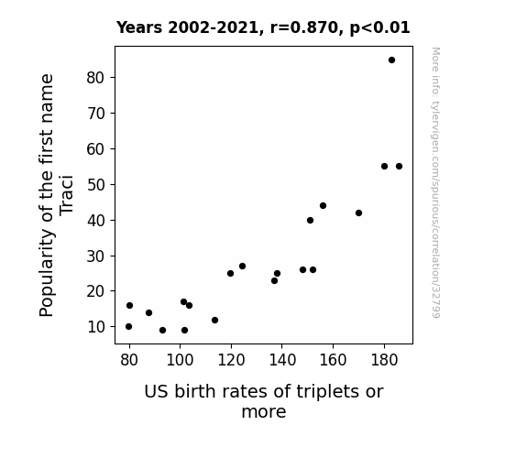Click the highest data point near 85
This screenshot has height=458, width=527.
[x=391, y=60]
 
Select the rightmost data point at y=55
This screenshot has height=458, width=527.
[x=399, y=167]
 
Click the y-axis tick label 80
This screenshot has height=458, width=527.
[x=95, y=78]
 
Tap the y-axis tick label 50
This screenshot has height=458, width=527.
[x=95, y=184]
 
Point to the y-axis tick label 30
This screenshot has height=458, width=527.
[x=95, y=256]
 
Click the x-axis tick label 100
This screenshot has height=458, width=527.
[x=180, y=360]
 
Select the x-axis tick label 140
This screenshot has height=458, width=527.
[x=282, y=360]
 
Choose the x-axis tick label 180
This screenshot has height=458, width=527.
[x=384, y=360]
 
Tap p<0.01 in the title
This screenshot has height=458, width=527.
[x=379, y=28]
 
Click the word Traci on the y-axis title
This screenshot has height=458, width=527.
[x=67, y=194]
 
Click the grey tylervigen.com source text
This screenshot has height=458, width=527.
[x=435, y=182]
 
